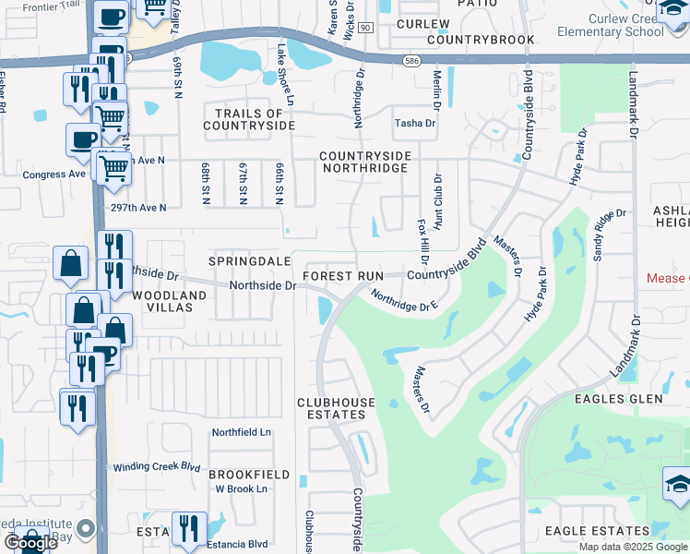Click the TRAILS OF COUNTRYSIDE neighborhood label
249,119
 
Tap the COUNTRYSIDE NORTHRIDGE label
363,163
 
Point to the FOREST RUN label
342,276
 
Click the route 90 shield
365,29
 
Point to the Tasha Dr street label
414,123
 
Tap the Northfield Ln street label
242,432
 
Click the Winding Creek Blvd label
157,467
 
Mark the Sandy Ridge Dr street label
611,235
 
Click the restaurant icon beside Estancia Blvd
190,530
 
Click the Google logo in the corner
30,543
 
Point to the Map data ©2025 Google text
632,547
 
